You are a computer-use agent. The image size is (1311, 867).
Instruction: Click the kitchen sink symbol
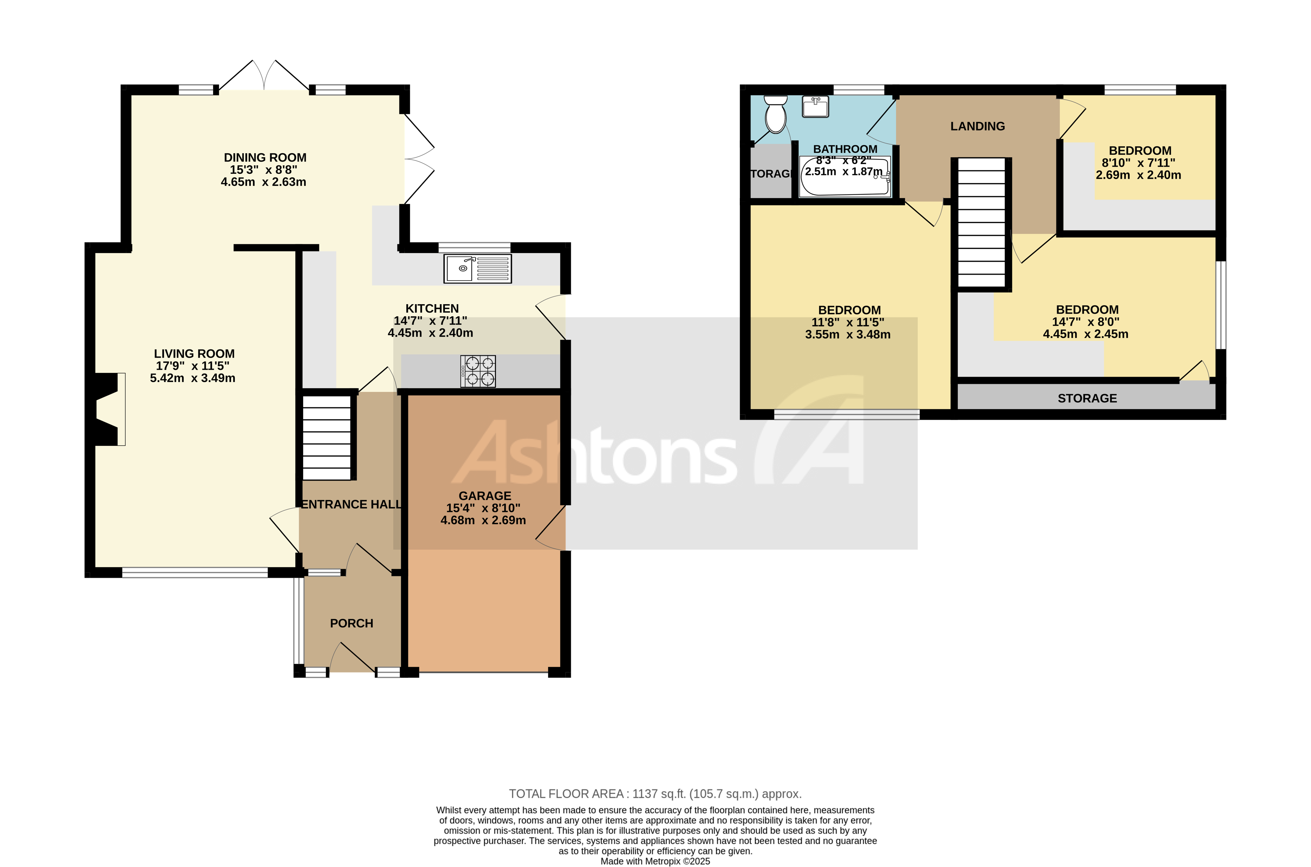click(477, 269)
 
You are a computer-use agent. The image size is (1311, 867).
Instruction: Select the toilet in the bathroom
click(775, 114)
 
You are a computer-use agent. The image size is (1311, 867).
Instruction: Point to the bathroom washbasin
click(815, 107)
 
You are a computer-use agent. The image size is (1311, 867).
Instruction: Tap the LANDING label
click(977, 126)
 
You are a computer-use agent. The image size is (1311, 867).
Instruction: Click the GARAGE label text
click(484, 496)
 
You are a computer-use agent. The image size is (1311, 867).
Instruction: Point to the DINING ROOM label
click(265, 158)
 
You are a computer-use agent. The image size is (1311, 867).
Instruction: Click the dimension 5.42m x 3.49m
click(193, 378)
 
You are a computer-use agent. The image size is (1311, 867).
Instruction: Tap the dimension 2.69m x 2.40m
click(1138, 175)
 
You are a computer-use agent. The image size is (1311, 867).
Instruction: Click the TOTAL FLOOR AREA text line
click(655, 794)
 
